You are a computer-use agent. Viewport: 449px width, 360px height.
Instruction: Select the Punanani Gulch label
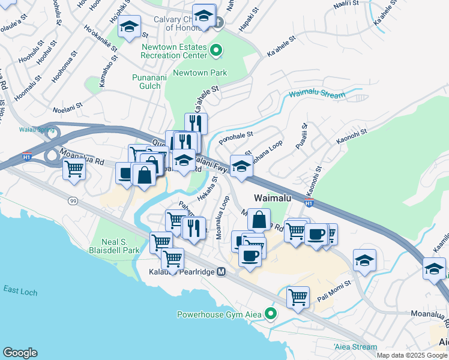click(146, 82)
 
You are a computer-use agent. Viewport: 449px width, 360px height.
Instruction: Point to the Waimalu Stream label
click(318, 95)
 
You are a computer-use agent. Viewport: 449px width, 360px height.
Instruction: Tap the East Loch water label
click(20, 292)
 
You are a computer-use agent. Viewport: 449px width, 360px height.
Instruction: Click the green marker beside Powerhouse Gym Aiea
click(271, 313)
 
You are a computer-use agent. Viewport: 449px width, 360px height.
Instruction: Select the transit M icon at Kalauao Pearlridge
click(221, 272)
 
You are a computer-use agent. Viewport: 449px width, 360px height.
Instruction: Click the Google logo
click(20, 353)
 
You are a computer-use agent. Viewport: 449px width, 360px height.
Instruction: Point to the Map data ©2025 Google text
click(412, 355)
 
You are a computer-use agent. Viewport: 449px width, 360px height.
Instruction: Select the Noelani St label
click(67, 110)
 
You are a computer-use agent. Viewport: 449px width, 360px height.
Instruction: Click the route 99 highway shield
click(73, 200)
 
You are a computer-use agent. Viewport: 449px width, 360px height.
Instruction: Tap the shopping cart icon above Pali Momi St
click(298, 296)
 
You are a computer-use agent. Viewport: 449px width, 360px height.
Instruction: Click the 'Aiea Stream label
click(356, 347)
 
